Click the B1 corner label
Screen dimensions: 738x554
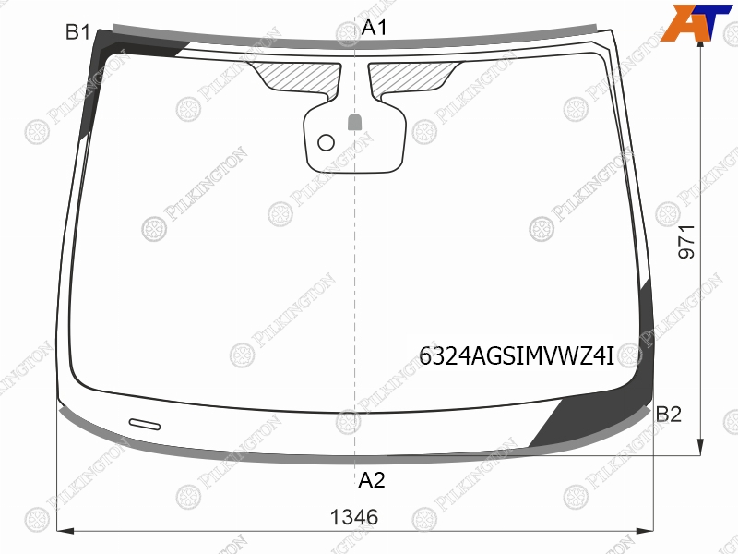pyautogui.click(x=77, y=32)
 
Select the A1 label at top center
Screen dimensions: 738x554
pyautogui.click(x=375, y=28)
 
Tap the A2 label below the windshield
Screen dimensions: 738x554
pyautogui.click(x=372, y=480)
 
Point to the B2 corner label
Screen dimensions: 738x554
pyautogui.click(x=668, y=414)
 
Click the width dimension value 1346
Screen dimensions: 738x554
pyautogui.click(x=354, y=517)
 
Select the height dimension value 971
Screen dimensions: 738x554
pyautogui.click(x=686, y=242)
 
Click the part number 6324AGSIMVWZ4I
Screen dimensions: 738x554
pyautogui.click(x=517, y=356)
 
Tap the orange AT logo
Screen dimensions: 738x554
pyautogui.click(x=696, y=22)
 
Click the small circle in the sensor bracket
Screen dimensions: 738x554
pyautogui.click(x=327, y=142)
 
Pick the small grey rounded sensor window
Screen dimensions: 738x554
pyautogui.click(x=354, y=122)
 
